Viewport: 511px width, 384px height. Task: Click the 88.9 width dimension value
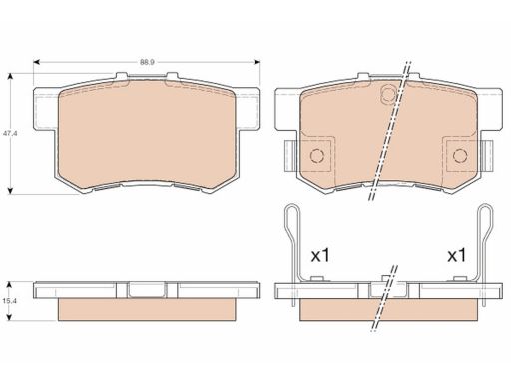click(147, 62)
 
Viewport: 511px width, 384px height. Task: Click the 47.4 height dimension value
click(10, 133)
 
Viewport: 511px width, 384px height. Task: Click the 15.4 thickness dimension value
click(10, 301)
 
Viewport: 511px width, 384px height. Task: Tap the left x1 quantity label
click(320, 256)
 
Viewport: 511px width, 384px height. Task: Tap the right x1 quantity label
click(456, 256)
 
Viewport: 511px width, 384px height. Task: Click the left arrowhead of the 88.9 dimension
click(37, 62)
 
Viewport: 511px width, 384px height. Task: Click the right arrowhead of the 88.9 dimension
click(256, 62)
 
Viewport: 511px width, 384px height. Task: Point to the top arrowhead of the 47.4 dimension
click(11, 76)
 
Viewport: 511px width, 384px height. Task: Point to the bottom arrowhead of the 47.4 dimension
click(11, 191)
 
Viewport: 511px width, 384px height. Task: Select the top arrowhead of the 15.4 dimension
click(10, 285)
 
